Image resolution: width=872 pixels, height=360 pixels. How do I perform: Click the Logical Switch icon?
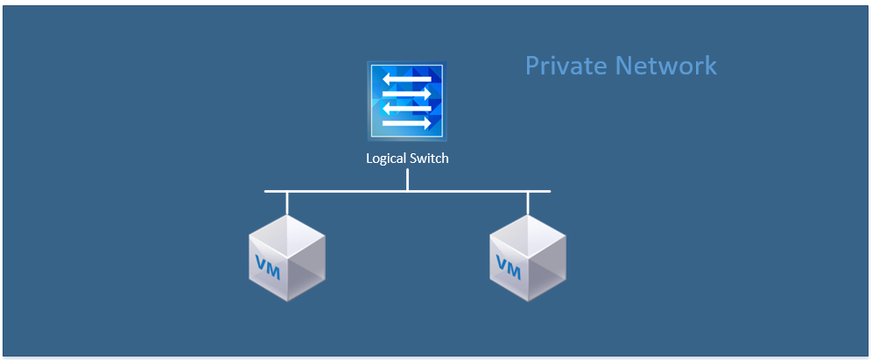(x=406, y=101)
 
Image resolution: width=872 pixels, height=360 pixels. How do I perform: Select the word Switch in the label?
(x=430, y=159)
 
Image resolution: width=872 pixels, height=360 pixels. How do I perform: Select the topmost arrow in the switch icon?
(x=406, y=80)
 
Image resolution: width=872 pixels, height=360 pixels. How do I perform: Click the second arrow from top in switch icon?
(x=406, y=94)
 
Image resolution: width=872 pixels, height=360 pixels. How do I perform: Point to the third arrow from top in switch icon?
(x=406, y=109)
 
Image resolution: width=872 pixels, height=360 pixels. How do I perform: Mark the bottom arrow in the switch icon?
(x=406, y=123)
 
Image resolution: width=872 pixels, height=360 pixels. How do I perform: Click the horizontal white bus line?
(x=350, y=191)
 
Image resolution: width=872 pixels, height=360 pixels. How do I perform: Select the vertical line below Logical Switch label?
(x=407, y=180)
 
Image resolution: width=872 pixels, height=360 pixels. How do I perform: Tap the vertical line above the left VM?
(x=287, y=202)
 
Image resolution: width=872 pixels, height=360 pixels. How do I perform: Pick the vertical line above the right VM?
(x=527, y=202)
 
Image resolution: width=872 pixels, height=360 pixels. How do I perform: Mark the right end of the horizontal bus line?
(x=548, y=191)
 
